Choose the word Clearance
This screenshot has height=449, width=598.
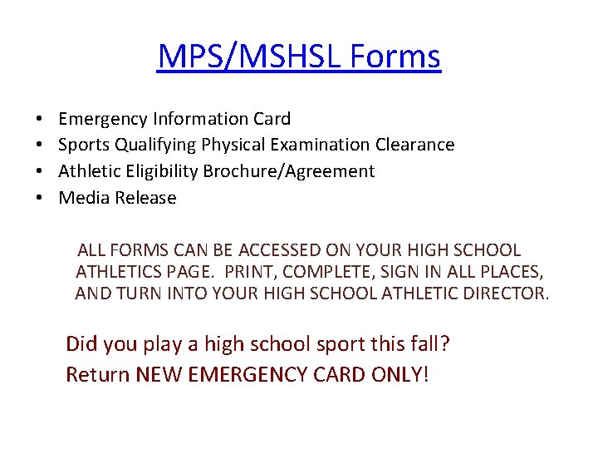point(413,145)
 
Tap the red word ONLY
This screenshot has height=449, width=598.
point(396,374)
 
